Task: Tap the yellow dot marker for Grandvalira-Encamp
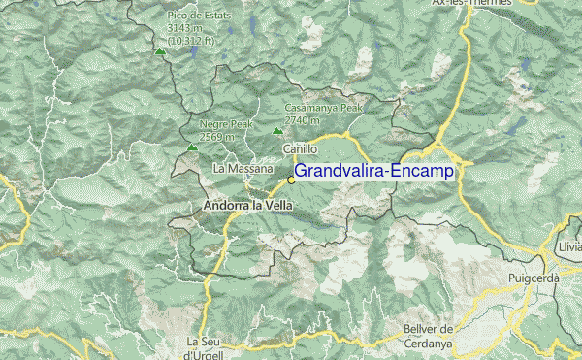point(291,180)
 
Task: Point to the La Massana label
point(242,169)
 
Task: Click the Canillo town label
point(300,149)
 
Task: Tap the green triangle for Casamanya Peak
point(277,130)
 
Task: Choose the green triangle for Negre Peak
point(192,147)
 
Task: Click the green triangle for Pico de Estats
point(159,50)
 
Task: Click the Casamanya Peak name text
point(323,108)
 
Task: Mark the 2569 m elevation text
point(218,137)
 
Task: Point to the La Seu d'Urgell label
point(205,347)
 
